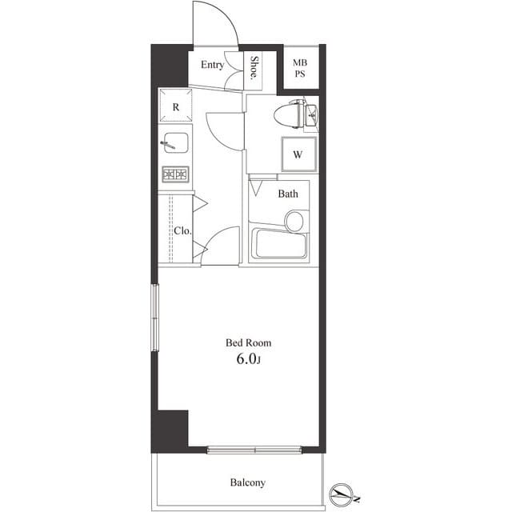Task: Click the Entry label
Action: [x=212, y=65]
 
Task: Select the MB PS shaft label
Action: [x=299, y=69]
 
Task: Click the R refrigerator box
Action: [x=175, y=106]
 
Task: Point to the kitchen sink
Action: [x=174, y=143]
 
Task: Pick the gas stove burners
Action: [x=175, y=174]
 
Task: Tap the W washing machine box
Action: [x=297, y=154]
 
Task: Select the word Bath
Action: [x=288, y=194]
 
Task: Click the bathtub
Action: [x=278, y=244]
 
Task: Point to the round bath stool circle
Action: [x=295, y=220]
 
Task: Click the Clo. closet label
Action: [x=182, y=231]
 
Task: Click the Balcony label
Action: [x=248, y=482]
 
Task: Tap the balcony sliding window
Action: [x=255, y=450]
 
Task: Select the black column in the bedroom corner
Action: [x=171, y=430]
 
